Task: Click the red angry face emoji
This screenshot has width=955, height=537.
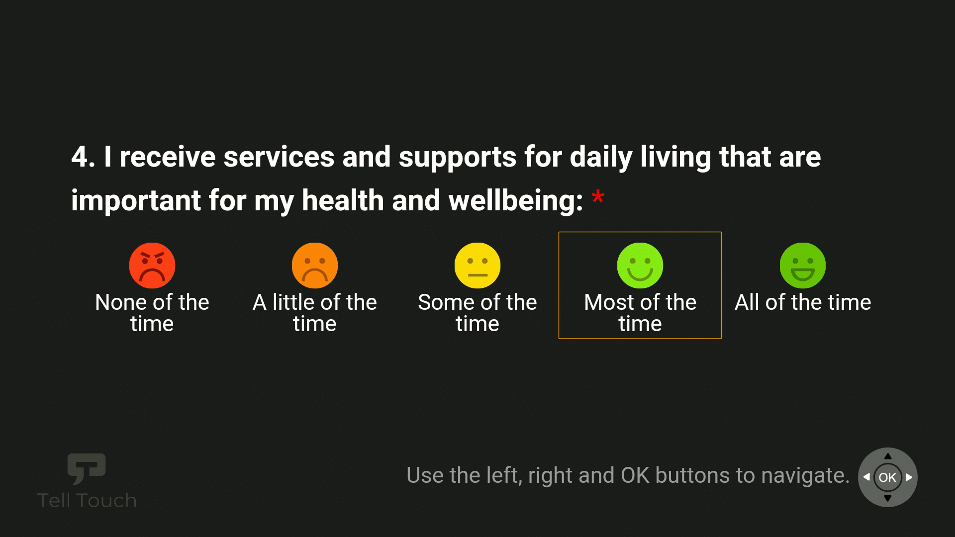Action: (152, 266)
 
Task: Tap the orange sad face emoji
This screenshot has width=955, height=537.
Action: (315, 266)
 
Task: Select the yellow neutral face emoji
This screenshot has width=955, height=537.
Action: (477, 266)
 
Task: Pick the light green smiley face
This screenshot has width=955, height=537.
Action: (640, 266)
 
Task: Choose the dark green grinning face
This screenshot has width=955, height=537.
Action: (803, 266)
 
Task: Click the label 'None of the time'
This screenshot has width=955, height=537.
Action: (152, 313)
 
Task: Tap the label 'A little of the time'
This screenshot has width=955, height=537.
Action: (315, 313)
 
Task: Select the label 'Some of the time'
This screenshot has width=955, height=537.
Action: (477, 313)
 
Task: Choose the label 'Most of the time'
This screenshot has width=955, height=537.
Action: (640, 313)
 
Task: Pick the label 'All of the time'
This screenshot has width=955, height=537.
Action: (803, 302)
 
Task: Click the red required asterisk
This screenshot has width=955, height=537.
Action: (597, 197)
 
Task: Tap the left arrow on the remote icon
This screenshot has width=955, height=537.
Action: (866, 477)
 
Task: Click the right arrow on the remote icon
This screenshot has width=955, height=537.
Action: (909, 477)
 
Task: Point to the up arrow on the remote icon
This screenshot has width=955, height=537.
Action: (888, 456)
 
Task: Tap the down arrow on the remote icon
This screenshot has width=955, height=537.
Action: (888, 498)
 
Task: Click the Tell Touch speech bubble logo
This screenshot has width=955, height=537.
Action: (87, 468)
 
